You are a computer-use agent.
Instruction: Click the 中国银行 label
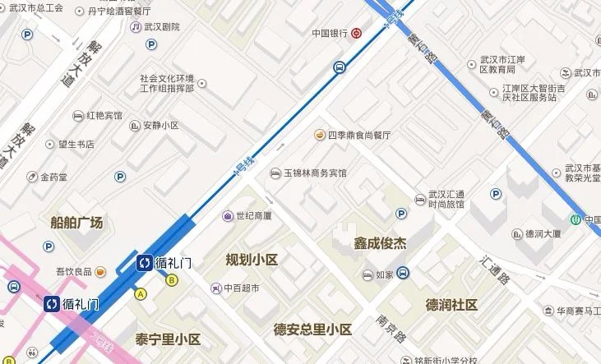click(x=330, y=34)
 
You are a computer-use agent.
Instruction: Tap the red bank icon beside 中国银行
click(x=356, y=34)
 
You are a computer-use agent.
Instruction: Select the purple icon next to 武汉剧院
click(x=135, y=26)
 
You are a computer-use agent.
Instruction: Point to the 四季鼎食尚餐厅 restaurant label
click(x=359, y=135)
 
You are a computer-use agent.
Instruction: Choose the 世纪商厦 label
click(x=254, y=216)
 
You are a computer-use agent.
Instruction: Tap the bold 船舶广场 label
click(x=76, y=223)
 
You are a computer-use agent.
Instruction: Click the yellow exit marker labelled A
click(x=141, y=293)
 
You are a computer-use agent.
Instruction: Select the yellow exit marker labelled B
click(x=172, y=280)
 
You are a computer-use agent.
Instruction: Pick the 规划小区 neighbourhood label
click(x=252, y=260)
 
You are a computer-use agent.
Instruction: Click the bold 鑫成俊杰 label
click(x=380, y=243)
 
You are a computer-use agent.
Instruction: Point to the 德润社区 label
click(x=451, y=305)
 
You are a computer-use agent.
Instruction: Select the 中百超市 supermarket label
click(x=242, y=288)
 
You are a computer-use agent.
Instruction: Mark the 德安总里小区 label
click(x=312, y=329)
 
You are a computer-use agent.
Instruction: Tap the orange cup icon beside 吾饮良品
click(x=100, y=271)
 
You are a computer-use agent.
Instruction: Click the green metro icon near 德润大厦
click(x=577, y=219)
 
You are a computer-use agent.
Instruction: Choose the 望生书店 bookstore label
click(x=76, y=145)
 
